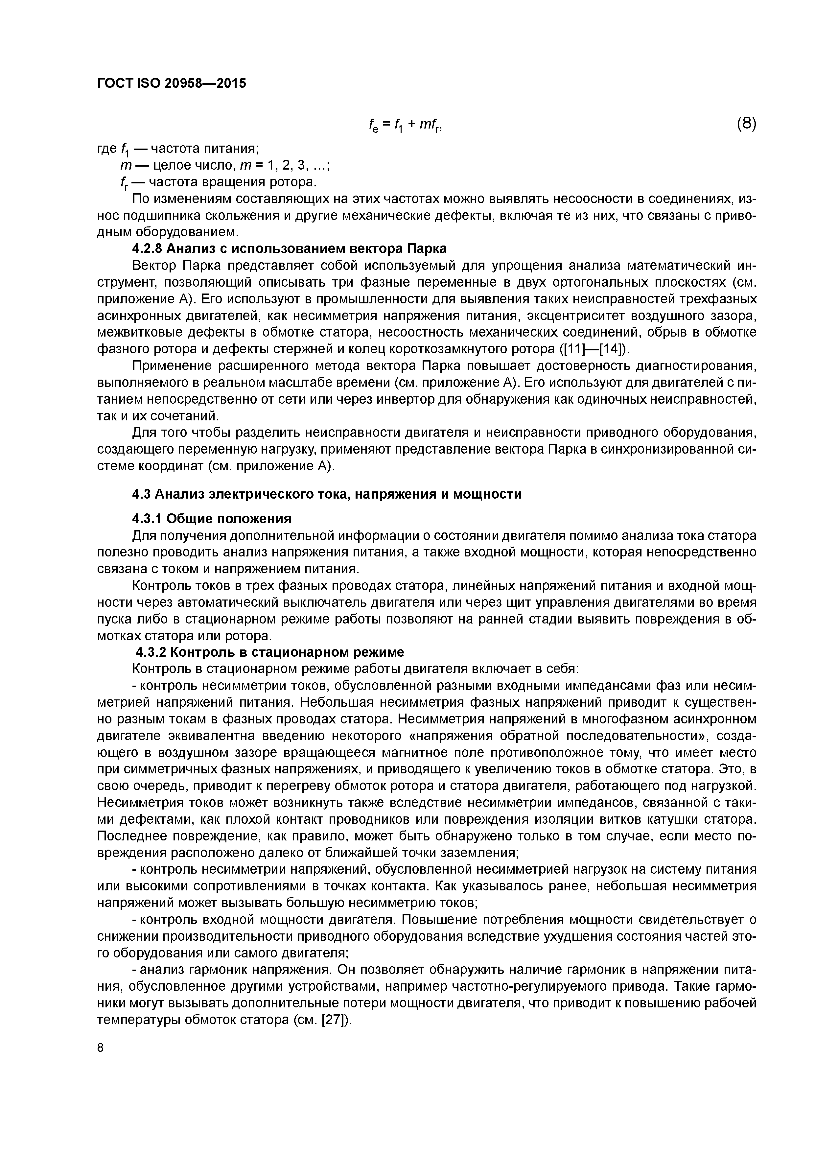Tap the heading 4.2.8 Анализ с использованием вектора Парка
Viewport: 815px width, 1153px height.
[289, 248]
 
